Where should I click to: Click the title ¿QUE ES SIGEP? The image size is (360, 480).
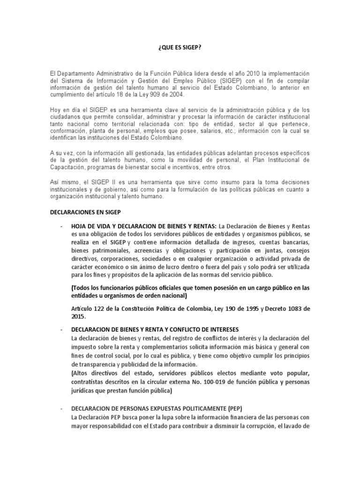pyautogui.click(x=180, y=48)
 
